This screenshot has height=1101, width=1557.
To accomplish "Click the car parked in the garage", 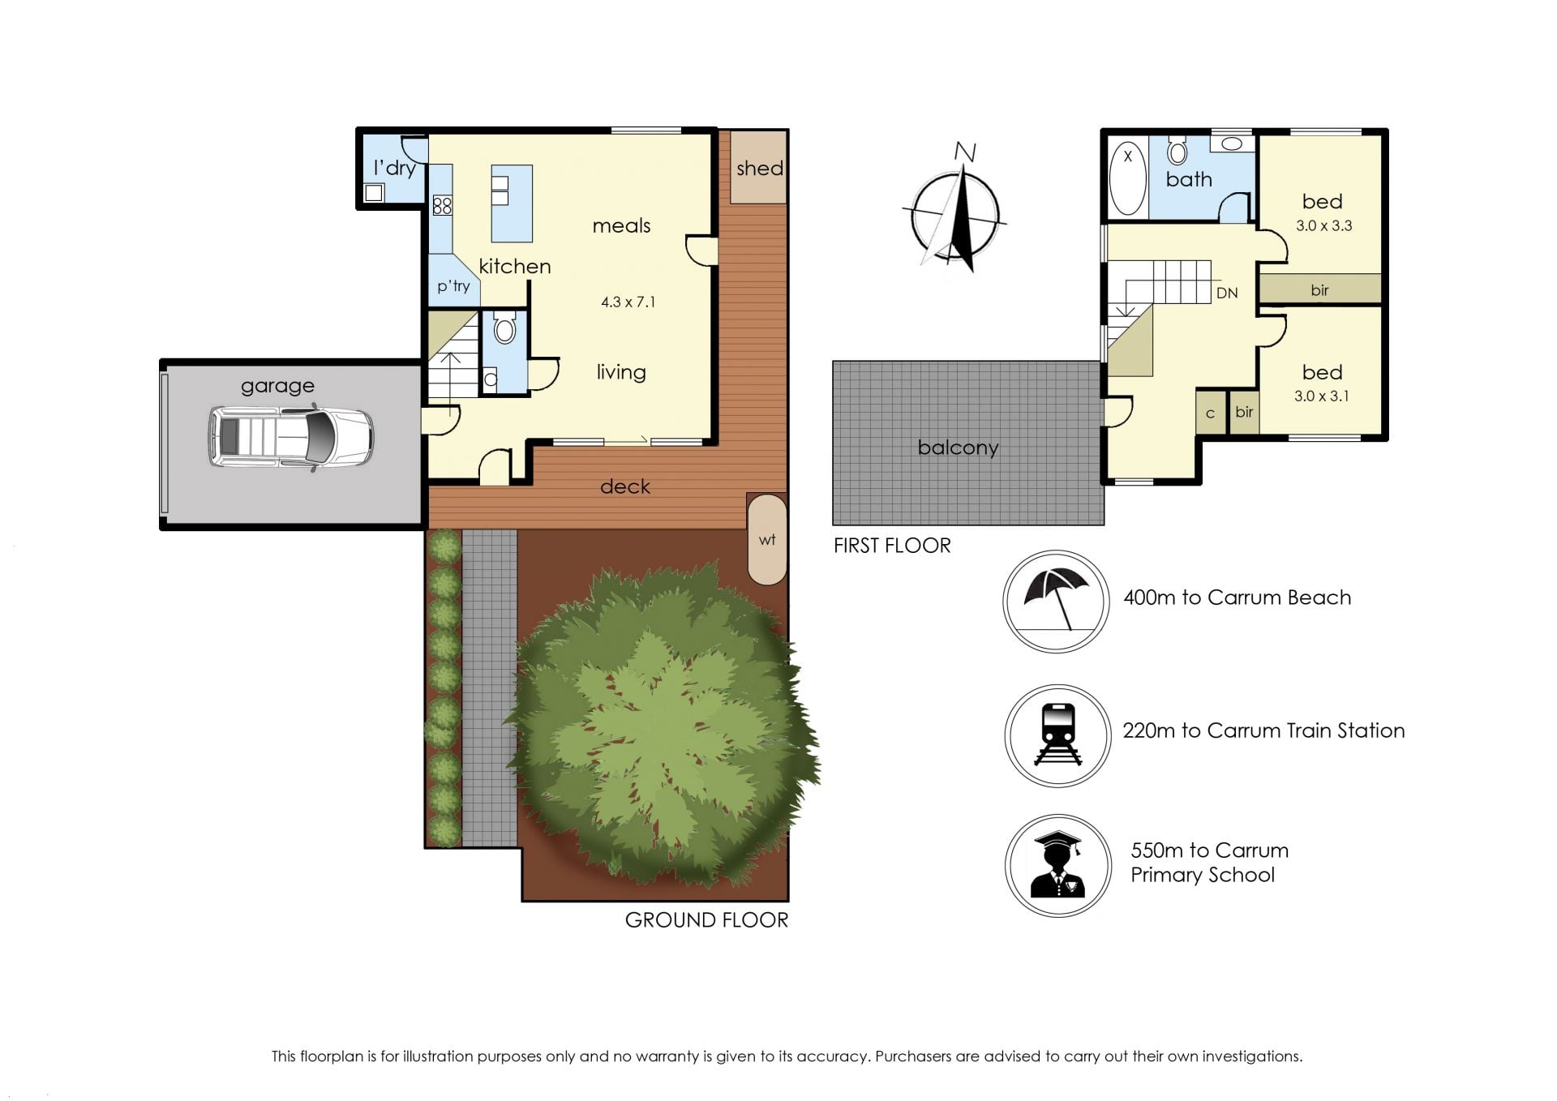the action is pyautogui.click(x=291, y=438).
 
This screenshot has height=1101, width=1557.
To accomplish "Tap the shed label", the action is pyautogui.click(x=760, y=169).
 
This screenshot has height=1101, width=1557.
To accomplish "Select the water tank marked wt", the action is pyautogui.click(x=767, y=539).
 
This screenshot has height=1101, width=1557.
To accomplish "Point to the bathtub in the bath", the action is pyautogui.click(x=1127, y=178).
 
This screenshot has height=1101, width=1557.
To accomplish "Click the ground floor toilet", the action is pyautogui.click(x=504, y=328).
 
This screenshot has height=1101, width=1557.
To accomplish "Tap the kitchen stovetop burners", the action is pyautogui.click(x=442, y=205).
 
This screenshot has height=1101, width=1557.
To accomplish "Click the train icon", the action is pyautogui.click(x=1058, y=735).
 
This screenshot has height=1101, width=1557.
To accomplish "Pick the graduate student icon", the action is pyautogui.click(x=1057, y=865).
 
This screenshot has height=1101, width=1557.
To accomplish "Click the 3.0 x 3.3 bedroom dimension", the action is pyautogui.click(x=1323, y=226).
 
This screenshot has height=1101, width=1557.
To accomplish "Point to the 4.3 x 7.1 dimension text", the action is pyautogui.click(x=628, y=302).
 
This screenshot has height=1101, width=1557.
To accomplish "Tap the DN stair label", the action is pyautogui.click(x=1227, y=293).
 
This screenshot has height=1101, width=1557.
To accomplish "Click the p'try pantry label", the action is pyautogui.click(x=453, y=286).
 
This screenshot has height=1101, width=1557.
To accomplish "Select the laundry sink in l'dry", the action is pyautogui.click(x=374, y=193).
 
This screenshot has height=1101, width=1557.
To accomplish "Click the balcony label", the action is pyautogui.click(x=958, y=448).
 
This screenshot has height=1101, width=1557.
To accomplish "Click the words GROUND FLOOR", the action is pyautogui.click(x=706, y=920).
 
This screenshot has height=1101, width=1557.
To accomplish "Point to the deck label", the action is pyautogui.click(x=625, y=486).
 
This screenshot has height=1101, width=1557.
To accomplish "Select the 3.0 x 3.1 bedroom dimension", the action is pyautogui.click(x=1322, y=396).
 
